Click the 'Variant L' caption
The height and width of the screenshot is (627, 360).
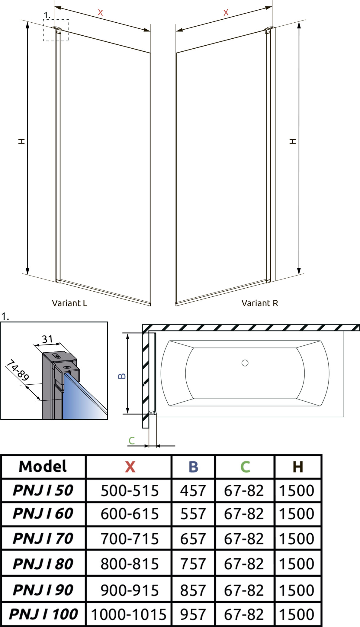(x=69, y=303)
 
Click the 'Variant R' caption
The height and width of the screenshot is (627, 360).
(x=259, y=303)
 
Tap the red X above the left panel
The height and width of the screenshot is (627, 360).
(x=100, y=13)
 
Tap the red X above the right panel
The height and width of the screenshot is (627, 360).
(x=226, y=13)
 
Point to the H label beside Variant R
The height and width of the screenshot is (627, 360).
(x=293, y=141)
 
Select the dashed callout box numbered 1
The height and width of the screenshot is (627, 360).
(x=56, y=30)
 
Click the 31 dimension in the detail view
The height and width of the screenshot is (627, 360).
(x=47, y=339)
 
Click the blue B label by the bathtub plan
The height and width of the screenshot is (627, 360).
(x=122, y=376)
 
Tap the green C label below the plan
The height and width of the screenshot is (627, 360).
(x=131, y=441)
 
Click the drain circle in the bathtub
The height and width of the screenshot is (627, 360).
(x=245, y=363)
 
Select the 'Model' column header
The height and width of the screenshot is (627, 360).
(x=43, y=466)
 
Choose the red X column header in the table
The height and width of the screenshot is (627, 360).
(x=130, y=467)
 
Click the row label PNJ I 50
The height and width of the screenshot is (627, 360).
(x=43, y=490)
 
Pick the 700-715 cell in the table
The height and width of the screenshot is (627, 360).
(x=130, y=539)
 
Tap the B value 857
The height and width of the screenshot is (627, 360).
(x=193, y=590)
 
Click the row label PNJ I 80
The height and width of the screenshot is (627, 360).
(x=43, y=564)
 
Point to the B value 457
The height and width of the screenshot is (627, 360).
(x=193, y=490)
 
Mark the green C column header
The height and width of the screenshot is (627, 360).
(x=245, y=467)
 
